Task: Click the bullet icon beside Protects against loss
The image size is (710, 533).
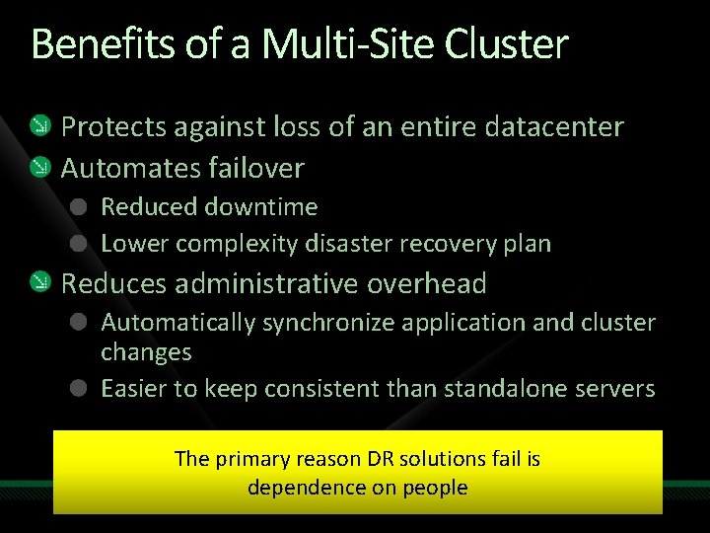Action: (39, 126)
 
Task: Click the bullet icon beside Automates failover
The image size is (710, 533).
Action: (39, 168)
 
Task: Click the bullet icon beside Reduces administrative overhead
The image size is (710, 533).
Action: (39, 284)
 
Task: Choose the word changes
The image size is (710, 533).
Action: (146, 352)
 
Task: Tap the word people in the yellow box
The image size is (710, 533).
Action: (434, 488)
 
